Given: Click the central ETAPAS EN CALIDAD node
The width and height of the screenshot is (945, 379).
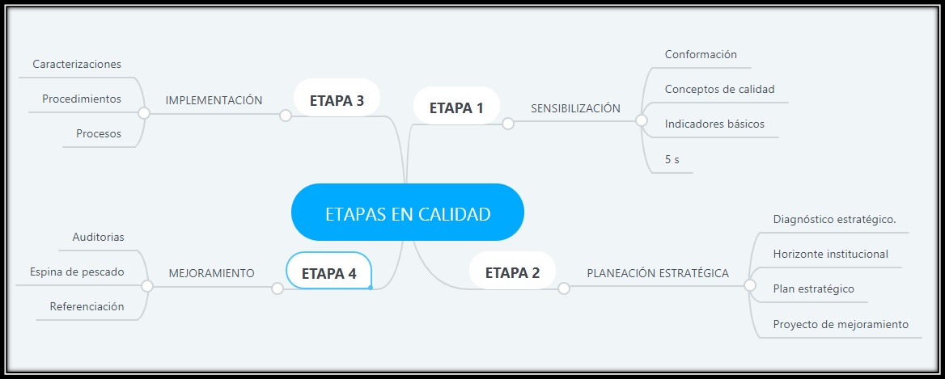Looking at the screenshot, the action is pos(408,213).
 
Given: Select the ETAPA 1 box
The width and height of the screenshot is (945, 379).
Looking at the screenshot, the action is pos(456,107).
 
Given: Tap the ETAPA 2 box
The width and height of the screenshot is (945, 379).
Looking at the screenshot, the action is pos(512,272).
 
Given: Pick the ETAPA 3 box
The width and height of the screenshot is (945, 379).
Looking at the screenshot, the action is pos(337,100).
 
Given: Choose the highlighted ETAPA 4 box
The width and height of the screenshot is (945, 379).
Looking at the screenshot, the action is pos(329,272).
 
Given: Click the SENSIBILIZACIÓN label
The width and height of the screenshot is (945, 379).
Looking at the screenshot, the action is pos(575,108).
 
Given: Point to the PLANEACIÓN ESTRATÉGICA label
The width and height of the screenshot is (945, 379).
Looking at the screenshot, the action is pos(658,273).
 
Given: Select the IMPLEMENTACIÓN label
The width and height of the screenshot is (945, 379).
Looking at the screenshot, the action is pos(214,100).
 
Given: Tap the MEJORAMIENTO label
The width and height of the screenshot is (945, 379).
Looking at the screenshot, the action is pos(211,273).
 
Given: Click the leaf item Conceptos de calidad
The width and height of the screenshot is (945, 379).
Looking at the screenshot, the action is pos(719,89).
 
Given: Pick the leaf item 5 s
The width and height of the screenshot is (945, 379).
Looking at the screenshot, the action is pos(672,159).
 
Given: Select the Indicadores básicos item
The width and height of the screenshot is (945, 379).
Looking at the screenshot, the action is pos(714,124).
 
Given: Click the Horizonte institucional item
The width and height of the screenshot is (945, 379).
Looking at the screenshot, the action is pos(830,254).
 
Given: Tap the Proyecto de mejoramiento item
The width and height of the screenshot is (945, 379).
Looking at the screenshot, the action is pos(841,324).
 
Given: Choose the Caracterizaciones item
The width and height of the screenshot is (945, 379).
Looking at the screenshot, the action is pos(77,64).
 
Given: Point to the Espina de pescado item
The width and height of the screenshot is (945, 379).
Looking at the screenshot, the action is pos(77,272).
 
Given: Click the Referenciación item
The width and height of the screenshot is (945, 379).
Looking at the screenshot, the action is pos(87,306).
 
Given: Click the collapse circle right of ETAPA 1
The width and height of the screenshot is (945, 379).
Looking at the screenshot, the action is pos(508,124).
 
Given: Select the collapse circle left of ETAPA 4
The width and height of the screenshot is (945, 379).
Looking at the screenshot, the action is pos(278,288).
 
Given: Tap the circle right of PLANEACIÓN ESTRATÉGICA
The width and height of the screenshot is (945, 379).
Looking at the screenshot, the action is pos(750,285).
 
